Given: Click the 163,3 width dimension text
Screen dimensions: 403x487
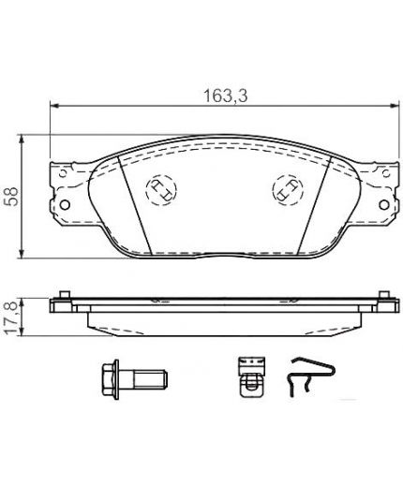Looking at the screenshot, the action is [x=225, y=96].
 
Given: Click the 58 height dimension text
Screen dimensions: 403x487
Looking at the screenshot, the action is [x=12, y=197].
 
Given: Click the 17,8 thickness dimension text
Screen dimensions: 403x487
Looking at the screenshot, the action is [x=11, y=318].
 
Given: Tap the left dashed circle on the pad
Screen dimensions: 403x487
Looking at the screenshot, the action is [x=161, y=190].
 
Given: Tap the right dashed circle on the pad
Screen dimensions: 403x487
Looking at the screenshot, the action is [x=288, y=190].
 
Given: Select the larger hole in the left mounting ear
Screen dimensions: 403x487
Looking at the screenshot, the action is [x=65, y=205].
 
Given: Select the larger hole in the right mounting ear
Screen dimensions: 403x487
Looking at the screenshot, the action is [x=384, y=205].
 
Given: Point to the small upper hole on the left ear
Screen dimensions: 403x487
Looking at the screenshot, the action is [x=63, y=173].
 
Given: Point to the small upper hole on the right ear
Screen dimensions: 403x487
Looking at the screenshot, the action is [x=386, y=172].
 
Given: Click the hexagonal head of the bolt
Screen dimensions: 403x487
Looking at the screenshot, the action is [x=110, y=379].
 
